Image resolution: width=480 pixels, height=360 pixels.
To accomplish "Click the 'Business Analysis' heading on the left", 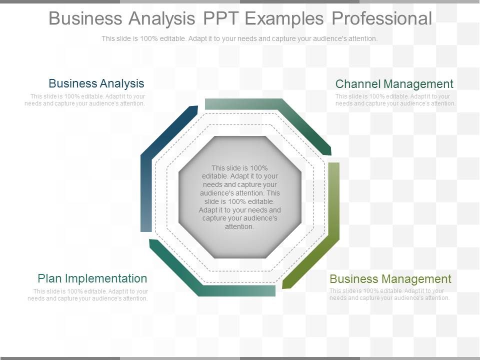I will (96, 83).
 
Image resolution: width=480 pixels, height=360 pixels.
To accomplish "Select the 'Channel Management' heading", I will (394, 84).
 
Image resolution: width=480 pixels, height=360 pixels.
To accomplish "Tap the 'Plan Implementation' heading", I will (92, 278).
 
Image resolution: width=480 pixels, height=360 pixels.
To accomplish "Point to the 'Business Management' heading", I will (390, 278).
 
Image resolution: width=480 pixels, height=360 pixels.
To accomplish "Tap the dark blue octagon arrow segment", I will (150, 165).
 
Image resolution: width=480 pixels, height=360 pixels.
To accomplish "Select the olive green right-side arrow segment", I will (330, 225).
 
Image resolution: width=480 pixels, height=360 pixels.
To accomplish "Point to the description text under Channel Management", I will (395, 100).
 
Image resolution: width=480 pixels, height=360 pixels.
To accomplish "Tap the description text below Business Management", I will (390, 294).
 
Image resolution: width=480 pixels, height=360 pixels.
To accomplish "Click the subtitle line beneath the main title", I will (239, 38).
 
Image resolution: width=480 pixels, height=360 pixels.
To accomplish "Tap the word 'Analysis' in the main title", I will (161, 18).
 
